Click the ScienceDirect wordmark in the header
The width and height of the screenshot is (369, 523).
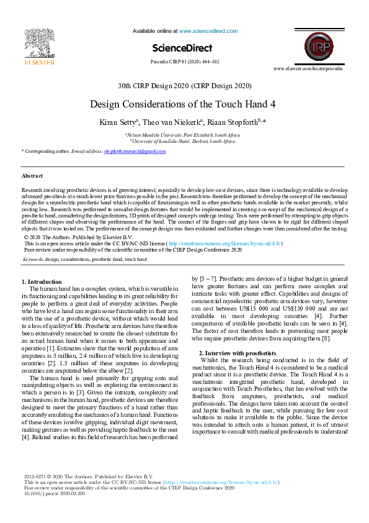[182, 48]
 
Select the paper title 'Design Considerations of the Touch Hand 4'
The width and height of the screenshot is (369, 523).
[183, 104]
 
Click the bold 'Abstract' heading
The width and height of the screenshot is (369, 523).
[32, 176]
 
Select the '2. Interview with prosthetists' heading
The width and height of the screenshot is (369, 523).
[238, 353]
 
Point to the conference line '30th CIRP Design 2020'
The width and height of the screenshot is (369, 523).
[184, 86]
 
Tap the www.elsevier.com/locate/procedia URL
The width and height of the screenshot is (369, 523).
[316, 68]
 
